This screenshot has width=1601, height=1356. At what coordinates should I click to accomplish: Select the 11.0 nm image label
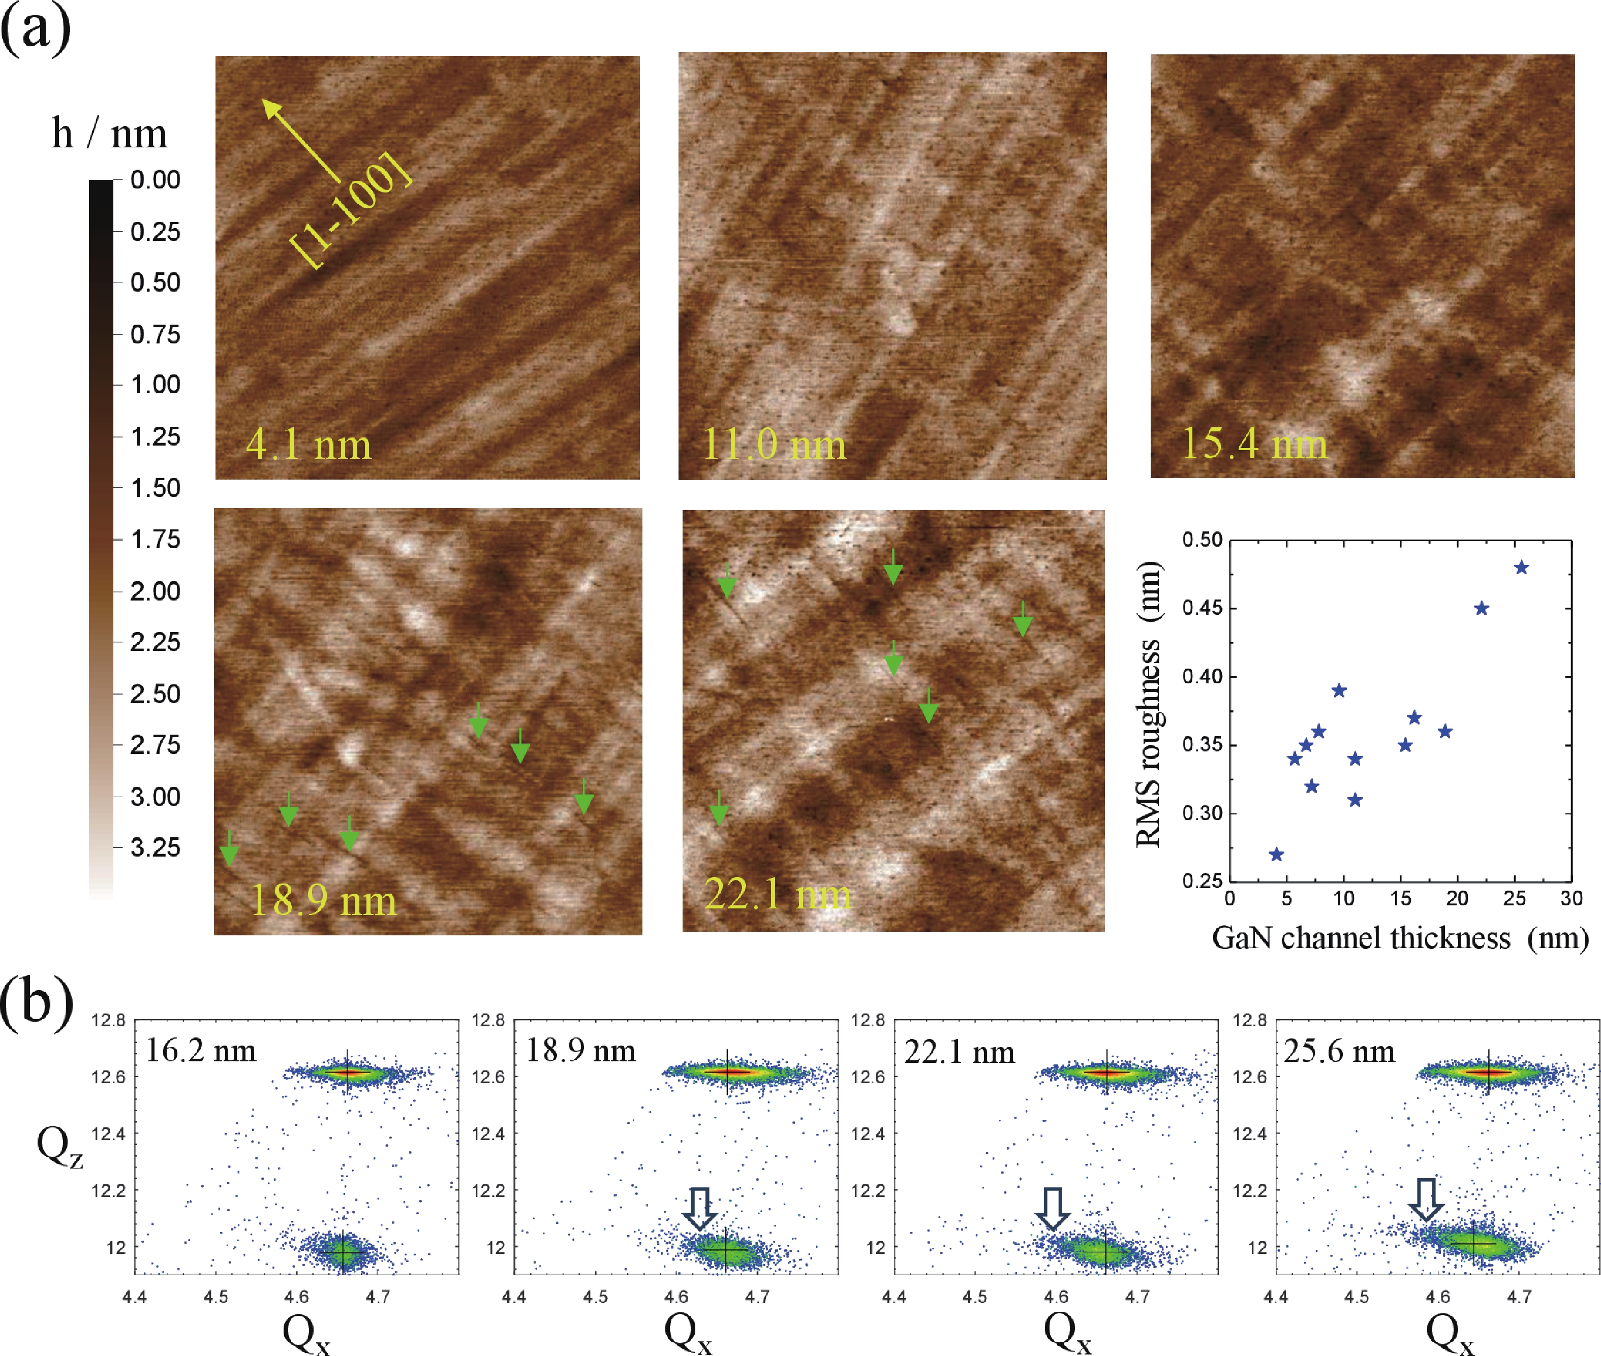pos(774,445)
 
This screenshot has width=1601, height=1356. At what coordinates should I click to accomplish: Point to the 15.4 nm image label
pos(1253,444)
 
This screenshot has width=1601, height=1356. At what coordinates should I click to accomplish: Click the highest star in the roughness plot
pos(1520,568)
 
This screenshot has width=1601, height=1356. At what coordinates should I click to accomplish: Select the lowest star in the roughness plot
pos(1276,855)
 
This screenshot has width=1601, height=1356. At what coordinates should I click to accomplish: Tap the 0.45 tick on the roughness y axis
pos(1202,608)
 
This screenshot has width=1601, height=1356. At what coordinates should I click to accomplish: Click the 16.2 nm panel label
pos(201,1051)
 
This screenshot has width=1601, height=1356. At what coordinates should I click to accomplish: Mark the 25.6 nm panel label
pos(1339,1051)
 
